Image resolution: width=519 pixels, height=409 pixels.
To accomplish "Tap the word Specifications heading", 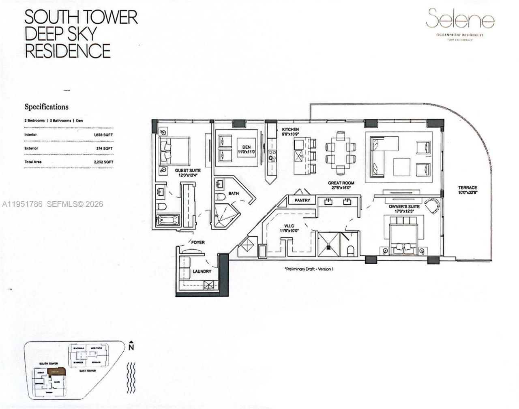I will coord(46,107).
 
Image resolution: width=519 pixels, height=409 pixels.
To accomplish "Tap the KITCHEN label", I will coord(290,130).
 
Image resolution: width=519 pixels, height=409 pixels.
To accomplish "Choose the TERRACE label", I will coord(468,188).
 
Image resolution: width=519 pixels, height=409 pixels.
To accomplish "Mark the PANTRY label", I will coord(302,200).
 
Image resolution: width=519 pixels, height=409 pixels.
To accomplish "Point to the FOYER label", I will coord(198,242).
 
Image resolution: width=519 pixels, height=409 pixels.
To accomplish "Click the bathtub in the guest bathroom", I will coord(167,221).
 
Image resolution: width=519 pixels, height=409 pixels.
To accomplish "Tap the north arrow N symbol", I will coord(131,346).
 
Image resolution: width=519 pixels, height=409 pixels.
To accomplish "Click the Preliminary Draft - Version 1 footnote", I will coord(309,269).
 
